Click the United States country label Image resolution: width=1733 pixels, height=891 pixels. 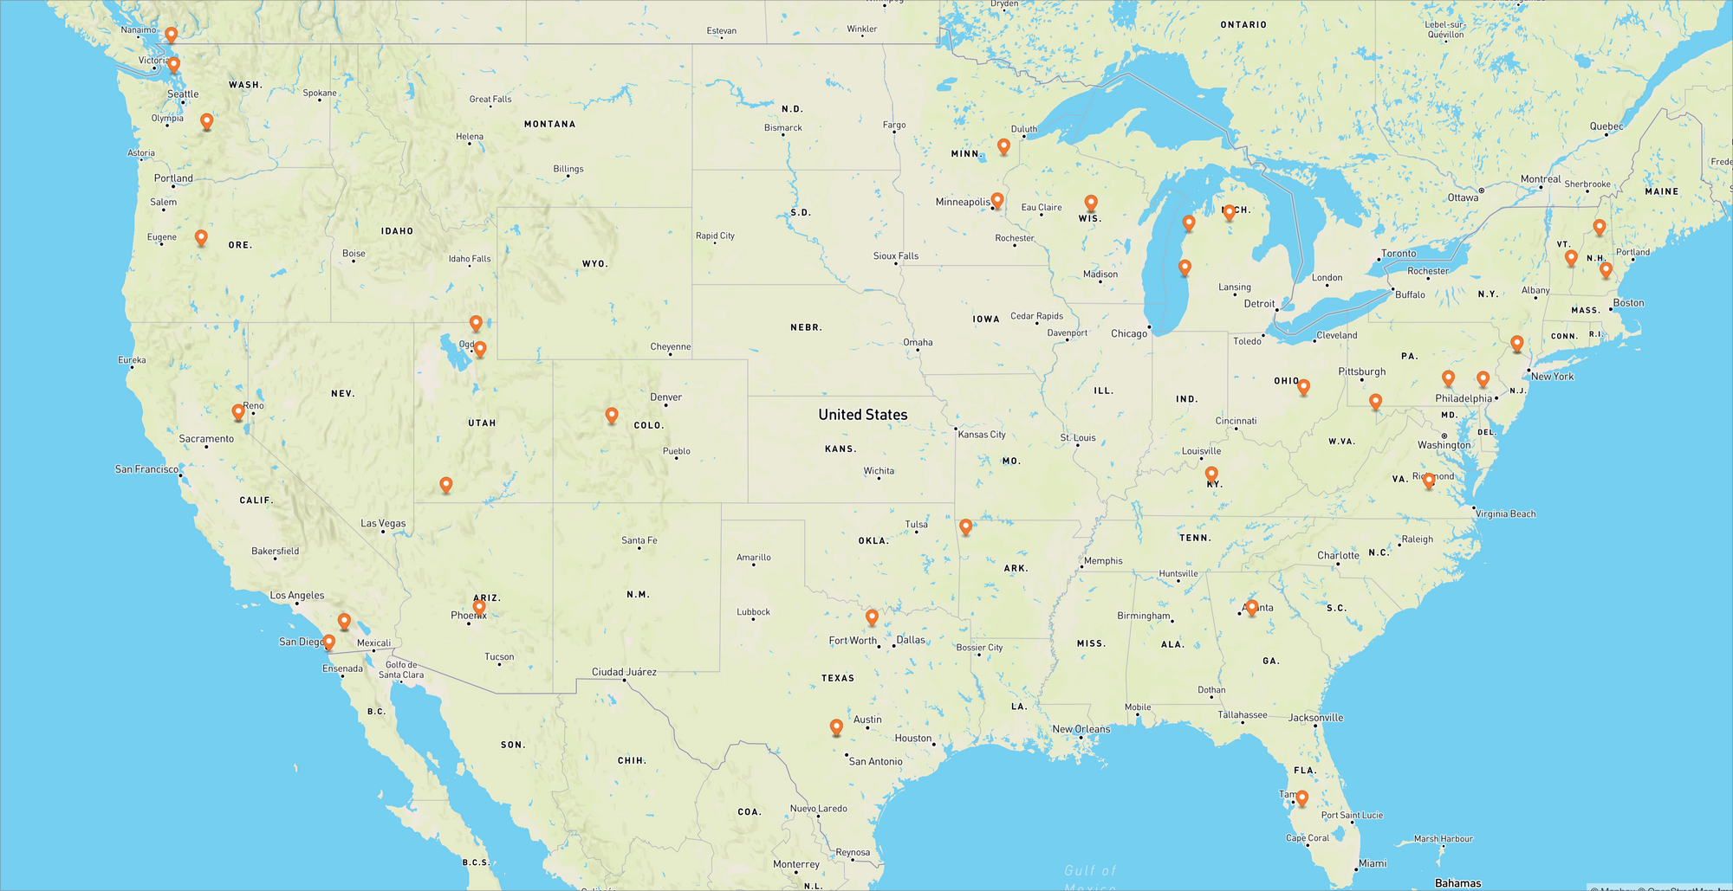(862, 415)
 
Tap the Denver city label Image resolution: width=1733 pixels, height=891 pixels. (665, 397)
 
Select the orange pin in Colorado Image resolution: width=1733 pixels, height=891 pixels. (612, 415)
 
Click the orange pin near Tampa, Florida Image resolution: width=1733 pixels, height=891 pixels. (1301, 797)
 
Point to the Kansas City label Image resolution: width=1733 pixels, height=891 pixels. (982, 435)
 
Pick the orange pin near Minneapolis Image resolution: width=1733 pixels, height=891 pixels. (997, 200)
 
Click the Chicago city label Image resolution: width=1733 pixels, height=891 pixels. (1128, 333)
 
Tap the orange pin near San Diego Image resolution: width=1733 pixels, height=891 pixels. (328, 642)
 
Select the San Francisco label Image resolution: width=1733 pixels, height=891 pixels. (146, 469)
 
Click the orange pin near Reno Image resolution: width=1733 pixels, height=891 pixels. (238, 412)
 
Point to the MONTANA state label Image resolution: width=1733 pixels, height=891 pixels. (549, 124)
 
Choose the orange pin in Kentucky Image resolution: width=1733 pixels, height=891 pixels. (1211, 474)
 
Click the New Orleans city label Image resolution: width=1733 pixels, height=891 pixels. (1081, 729)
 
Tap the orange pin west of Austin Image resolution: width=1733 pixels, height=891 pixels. (836, 726)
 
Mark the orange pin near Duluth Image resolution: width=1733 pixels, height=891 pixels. (1003, 146)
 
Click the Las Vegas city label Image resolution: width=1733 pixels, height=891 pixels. (383, 523)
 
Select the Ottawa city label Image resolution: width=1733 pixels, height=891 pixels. (1463, 197)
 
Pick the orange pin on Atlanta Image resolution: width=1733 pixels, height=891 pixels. (1251, 606)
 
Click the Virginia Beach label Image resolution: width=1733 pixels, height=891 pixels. (1505, 513)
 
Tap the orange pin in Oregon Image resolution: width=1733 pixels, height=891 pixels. (201, 237)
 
